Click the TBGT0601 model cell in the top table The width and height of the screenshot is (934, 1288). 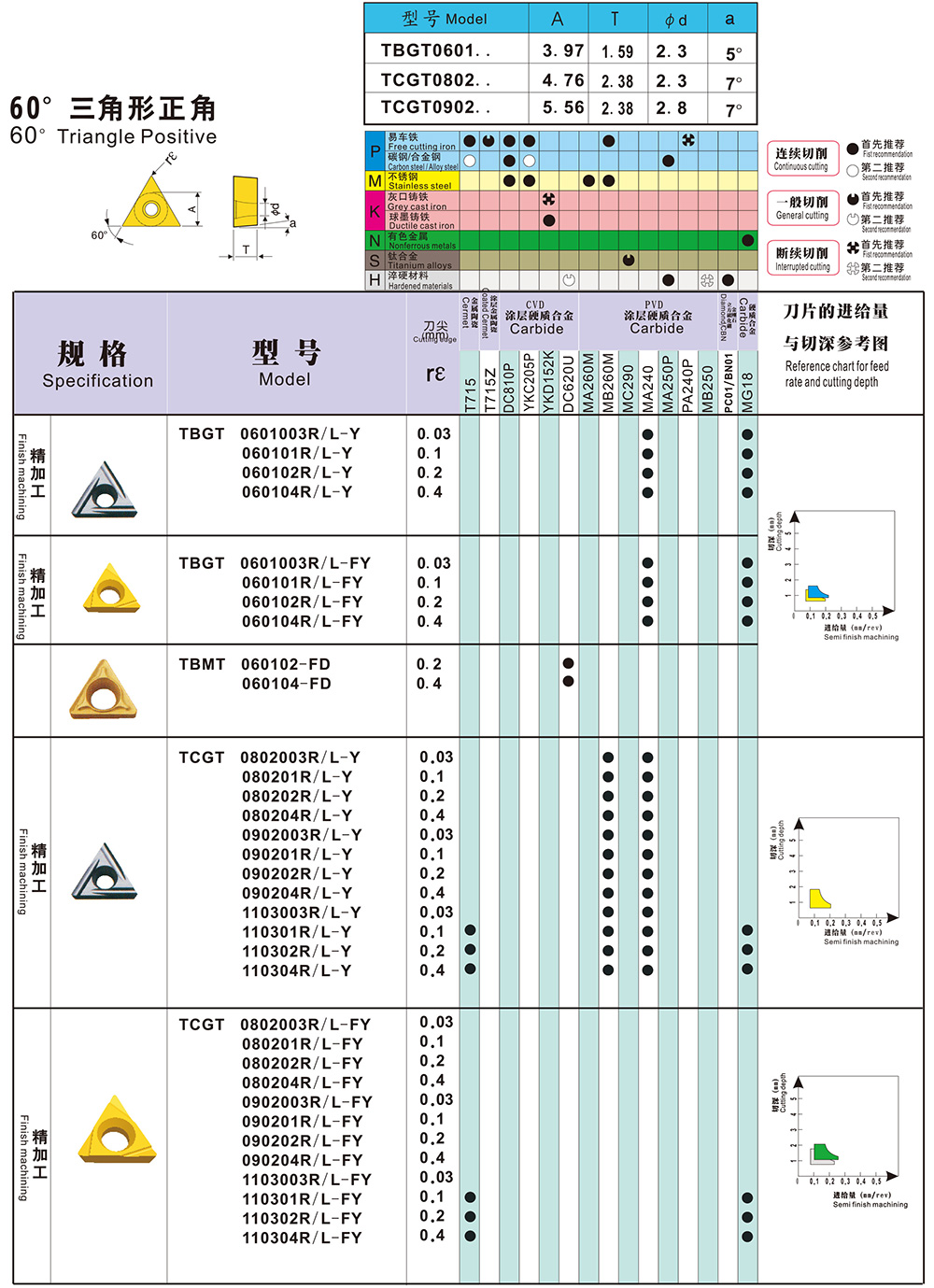pyautogui.click(x=435, y=50)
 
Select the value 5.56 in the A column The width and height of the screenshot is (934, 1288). pyautogui.click(x=563, y=107)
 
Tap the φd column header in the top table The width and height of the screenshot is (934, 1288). pyautogui.click(x=675, y=20)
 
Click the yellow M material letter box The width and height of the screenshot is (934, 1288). pyautogui.click(x=375, y=180)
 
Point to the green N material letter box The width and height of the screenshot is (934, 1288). pyautogui.click(x=375, y=240)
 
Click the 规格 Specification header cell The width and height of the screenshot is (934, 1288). pyautogui.click(x=97, y=362)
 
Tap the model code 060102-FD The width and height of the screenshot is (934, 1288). pyautogui.click(x=286, y=664)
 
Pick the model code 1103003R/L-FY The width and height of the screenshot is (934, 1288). pyautogui.click(x=306, y=1180)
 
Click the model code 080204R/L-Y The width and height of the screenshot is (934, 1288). pyautogui.click(x=297, y=815)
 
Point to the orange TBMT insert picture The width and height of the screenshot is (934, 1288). pyautogui.click(x=103, y=690)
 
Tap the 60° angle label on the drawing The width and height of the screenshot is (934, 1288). pyautogui.click(x=98, y=235)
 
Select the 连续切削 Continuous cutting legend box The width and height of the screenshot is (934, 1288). pyautogui.click(x=801, y=158)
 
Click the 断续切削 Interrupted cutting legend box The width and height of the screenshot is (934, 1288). pyautogui.click(x=801, y=258)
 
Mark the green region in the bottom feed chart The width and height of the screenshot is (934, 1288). pyautogui.click(x=823, y=1154)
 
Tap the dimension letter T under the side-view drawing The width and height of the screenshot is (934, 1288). pyautogui.click(x=246, y=249)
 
